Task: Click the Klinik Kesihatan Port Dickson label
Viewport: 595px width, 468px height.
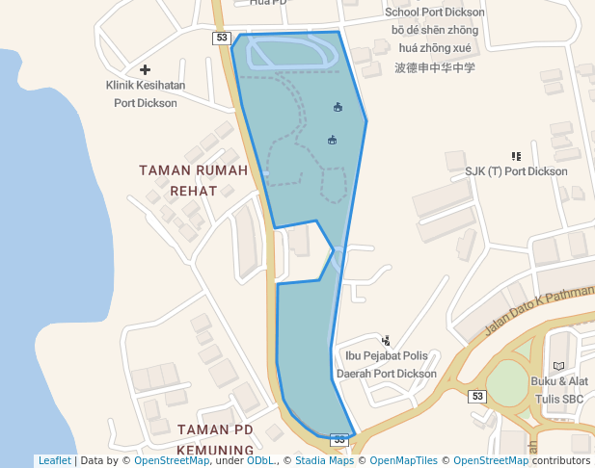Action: [146, 93]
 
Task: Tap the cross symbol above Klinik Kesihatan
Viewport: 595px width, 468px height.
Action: [146, 69]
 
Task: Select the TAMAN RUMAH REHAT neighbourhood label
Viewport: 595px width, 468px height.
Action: [194, 180]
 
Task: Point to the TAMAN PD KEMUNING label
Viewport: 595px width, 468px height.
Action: [215, 439]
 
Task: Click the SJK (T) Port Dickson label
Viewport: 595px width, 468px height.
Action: [516, 171]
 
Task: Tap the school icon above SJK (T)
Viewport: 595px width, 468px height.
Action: [516, 155]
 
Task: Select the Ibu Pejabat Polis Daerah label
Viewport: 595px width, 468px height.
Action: [387, 365]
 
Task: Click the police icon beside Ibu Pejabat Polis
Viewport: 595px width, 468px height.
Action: [387, 340]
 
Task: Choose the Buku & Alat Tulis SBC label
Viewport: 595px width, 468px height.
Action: [558, 389]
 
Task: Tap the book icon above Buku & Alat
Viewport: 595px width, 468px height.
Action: [558, 366]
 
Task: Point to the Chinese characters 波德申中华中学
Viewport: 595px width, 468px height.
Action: [435, 68]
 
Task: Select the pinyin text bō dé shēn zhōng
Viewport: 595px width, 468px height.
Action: [435, 30]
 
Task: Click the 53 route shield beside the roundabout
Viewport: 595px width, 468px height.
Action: [477, 396]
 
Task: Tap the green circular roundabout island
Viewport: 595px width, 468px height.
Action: [507, 385]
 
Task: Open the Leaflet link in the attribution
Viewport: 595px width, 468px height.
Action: [54, 460]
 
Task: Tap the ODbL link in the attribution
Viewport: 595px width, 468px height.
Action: [260, 460]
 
